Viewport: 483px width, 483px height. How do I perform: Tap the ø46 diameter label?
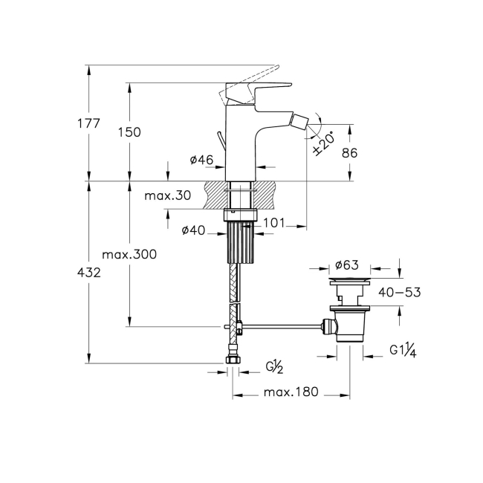pos(202,160)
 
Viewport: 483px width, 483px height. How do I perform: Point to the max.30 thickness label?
pos(168,195)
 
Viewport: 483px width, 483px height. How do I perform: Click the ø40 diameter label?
pos(193,230)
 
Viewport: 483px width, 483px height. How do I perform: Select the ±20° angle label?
pos(324,140)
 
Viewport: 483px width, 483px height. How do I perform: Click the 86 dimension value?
pos(349,153)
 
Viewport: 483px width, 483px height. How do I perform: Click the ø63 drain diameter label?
pos(348,264)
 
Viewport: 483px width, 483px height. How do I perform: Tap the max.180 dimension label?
pos(291,392)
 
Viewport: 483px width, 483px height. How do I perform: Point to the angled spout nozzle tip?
pos(300,119)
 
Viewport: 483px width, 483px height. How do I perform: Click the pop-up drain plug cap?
pos(349,281)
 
